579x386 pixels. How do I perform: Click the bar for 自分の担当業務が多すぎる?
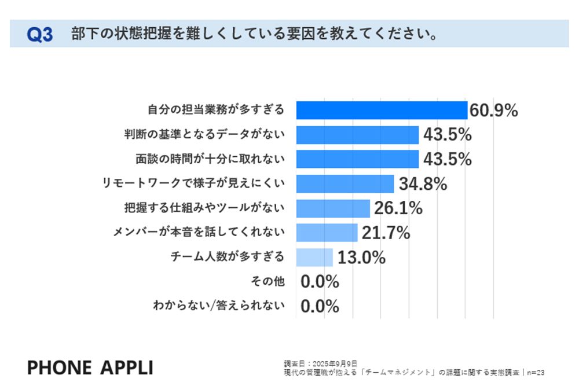pos(382,110)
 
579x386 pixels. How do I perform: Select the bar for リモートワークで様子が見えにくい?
pos(345,183)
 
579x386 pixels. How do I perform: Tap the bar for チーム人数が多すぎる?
pos(314,257)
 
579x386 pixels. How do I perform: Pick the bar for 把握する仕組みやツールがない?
pos(333,208)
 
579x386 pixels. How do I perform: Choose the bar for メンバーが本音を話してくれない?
pos(327,233)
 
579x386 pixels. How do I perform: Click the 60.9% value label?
pos(493,111)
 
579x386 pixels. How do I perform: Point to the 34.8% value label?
pos(423,184)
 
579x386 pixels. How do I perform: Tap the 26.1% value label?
pos(398,208)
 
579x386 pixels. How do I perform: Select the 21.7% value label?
pos(386,233)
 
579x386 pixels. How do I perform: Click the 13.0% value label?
pos(361,258)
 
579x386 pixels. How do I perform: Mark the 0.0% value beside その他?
pos(320,282)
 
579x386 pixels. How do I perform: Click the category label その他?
pos(267,282)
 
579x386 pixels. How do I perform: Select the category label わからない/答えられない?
pos(219,306)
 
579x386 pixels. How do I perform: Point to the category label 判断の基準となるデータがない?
pos(205,135)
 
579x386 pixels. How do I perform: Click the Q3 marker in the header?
pos(40,35)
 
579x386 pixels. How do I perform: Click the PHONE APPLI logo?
pos(90,367)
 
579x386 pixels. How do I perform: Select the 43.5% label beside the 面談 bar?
pos(447,159)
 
